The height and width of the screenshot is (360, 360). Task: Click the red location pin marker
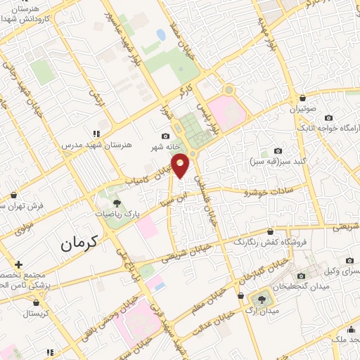181,165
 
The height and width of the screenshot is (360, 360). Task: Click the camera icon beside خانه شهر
165,136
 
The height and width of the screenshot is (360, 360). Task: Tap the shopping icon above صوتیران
302,98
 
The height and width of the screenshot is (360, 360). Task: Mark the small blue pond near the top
161,34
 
